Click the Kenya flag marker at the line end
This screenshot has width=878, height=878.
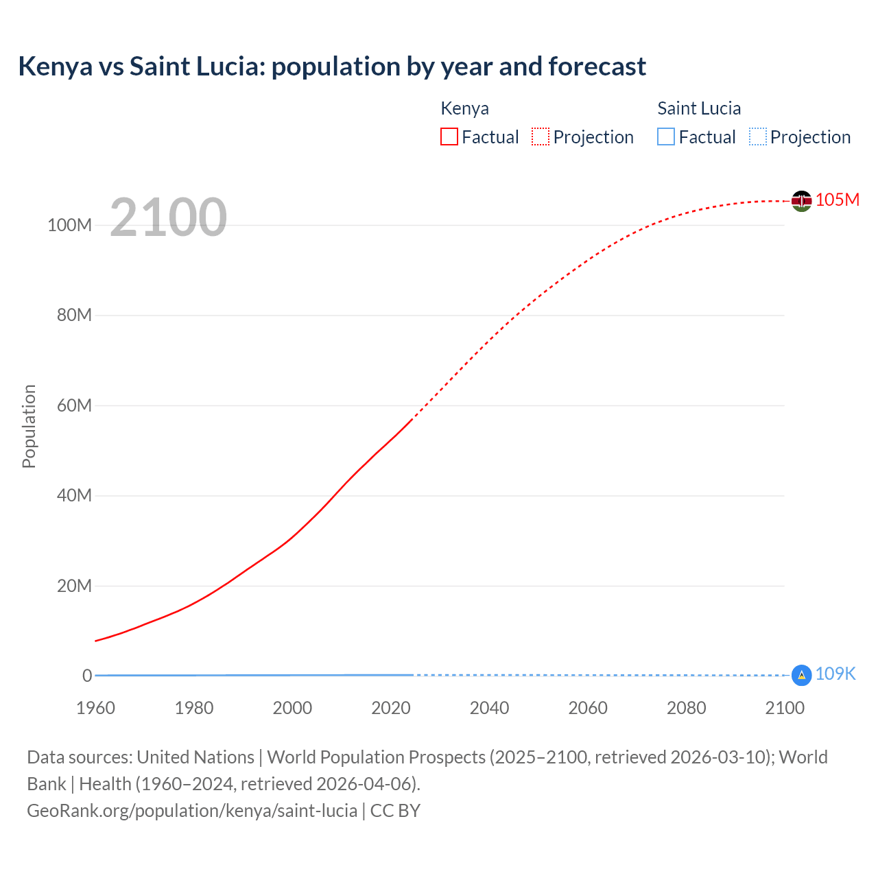point(801,201)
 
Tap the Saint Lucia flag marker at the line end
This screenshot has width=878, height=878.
point(801,675)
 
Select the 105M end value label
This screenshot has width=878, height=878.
point(838,200)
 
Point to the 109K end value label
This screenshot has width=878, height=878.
point(835,674)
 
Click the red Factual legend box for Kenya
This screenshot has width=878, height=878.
point(449,137)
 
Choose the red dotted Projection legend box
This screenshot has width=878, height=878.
point(541,137)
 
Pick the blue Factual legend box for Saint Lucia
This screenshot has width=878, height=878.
point(666,137)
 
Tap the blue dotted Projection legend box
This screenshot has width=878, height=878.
point(758,137)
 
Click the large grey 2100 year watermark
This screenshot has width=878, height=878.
point(168,217)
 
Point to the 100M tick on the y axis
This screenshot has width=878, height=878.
point(69,225)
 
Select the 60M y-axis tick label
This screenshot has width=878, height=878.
point(74,405)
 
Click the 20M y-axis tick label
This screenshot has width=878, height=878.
point(74,586)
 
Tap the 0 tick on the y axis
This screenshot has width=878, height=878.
point(87,676)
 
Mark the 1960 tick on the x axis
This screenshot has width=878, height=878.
point(95,708)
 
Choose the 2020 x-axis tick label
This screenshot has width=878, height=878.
point(391,708)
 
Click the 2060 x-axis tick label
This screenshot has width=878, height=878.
point(588,708)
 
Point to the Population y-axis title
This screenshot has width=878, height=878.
point(29,427)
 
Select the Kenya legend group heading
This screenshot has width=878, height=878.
point(464,108)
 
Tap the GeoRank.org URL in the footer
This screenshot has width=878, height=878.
point(192,810)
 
